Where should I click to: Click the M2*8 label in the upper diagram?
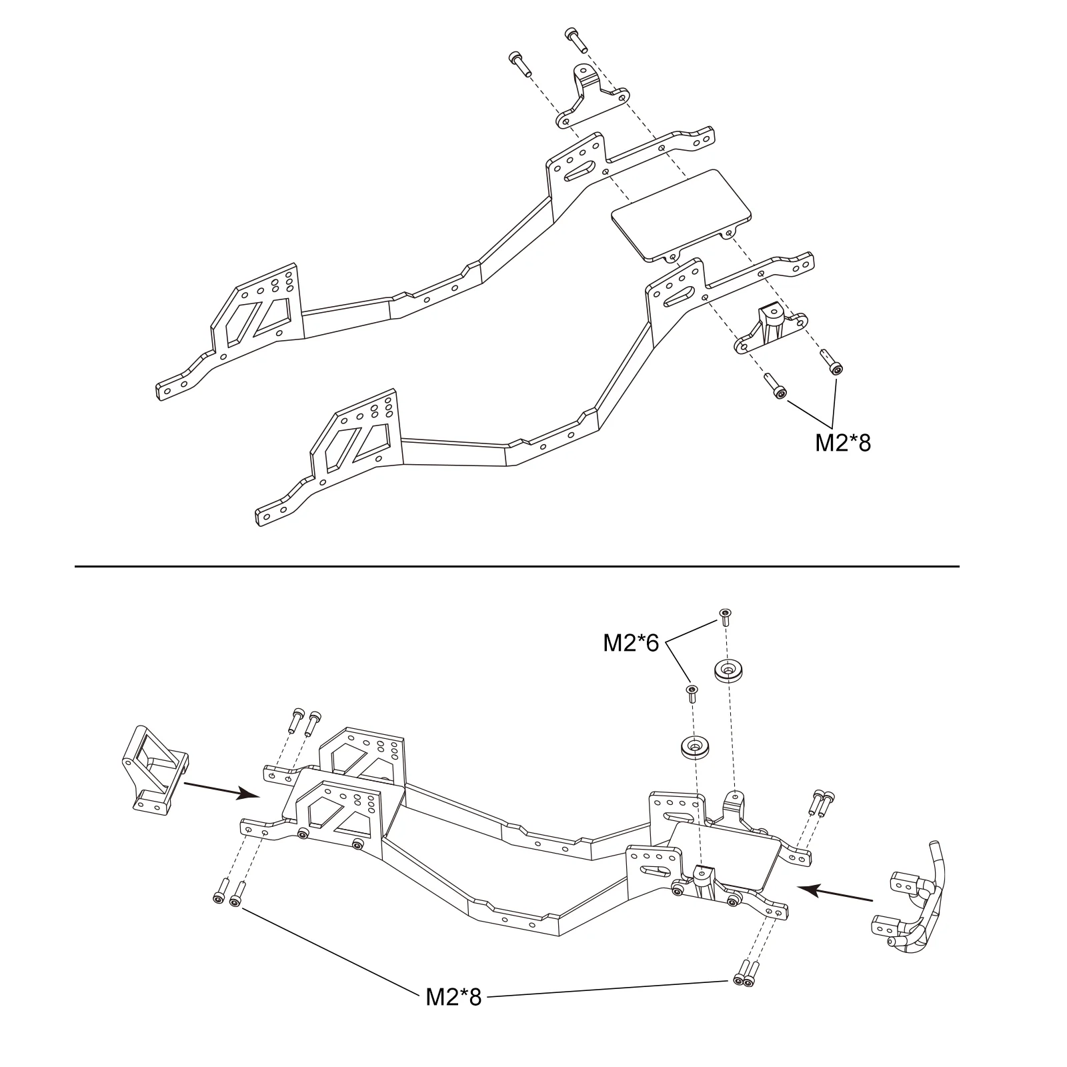pos(843,443)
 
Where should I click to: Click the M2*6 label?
pos(631,643)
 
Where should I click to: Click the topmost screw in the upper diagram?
pos(576,39)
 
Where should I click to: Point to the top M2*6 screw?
pos(725,616)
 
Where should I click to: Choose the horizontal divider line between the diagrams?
pos(517,566)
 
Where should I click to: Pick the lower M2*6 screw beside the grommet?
pos(692,693)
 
